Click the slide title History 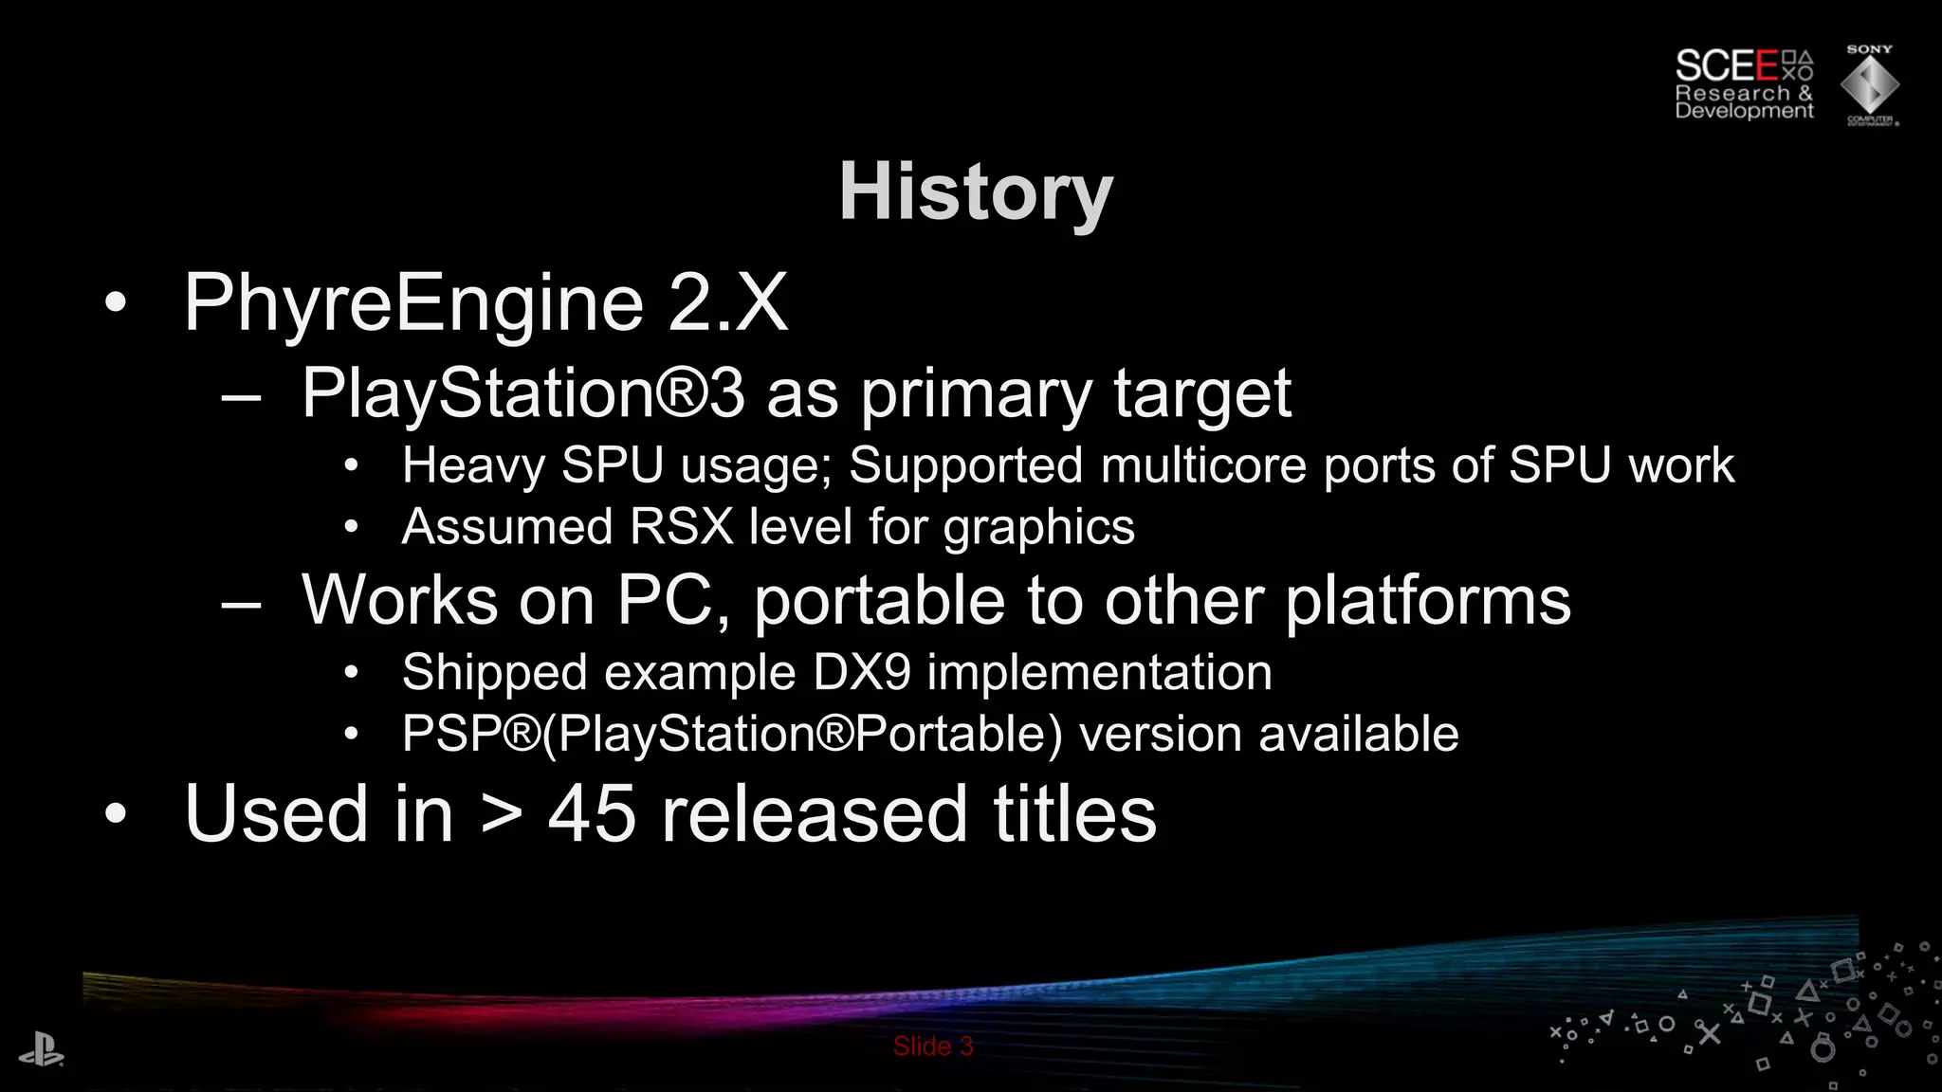[976, 192]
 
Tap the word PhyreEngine [413, 302]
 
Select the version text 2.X [727, 302]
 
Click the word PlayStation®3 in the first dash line [522, 393]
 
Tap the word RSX [681, 527]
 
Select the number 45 [592, 814]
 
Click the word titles [1074, 814]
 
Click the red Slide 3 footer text [933, 1046]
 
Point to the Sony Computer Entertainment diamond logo [1870, 85]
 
